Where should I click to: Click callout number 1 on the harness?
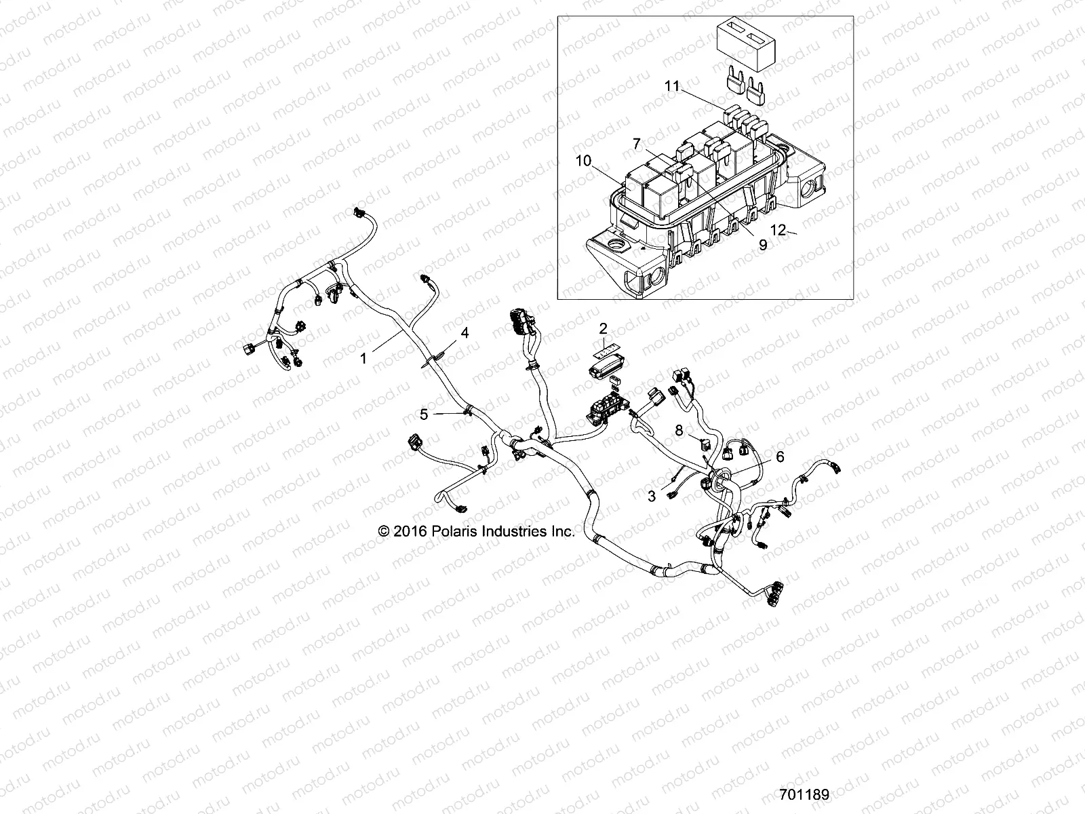363,358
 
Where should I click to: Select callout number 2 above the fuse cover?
603,329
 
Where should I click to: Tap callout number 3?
652,496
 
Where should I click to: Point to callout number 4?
465,332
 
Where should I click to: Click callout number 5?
423,414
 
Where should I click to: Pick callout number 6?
780,457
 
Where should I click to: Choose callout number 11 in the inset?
671,86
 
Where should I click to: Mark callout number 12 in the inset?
778,231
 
